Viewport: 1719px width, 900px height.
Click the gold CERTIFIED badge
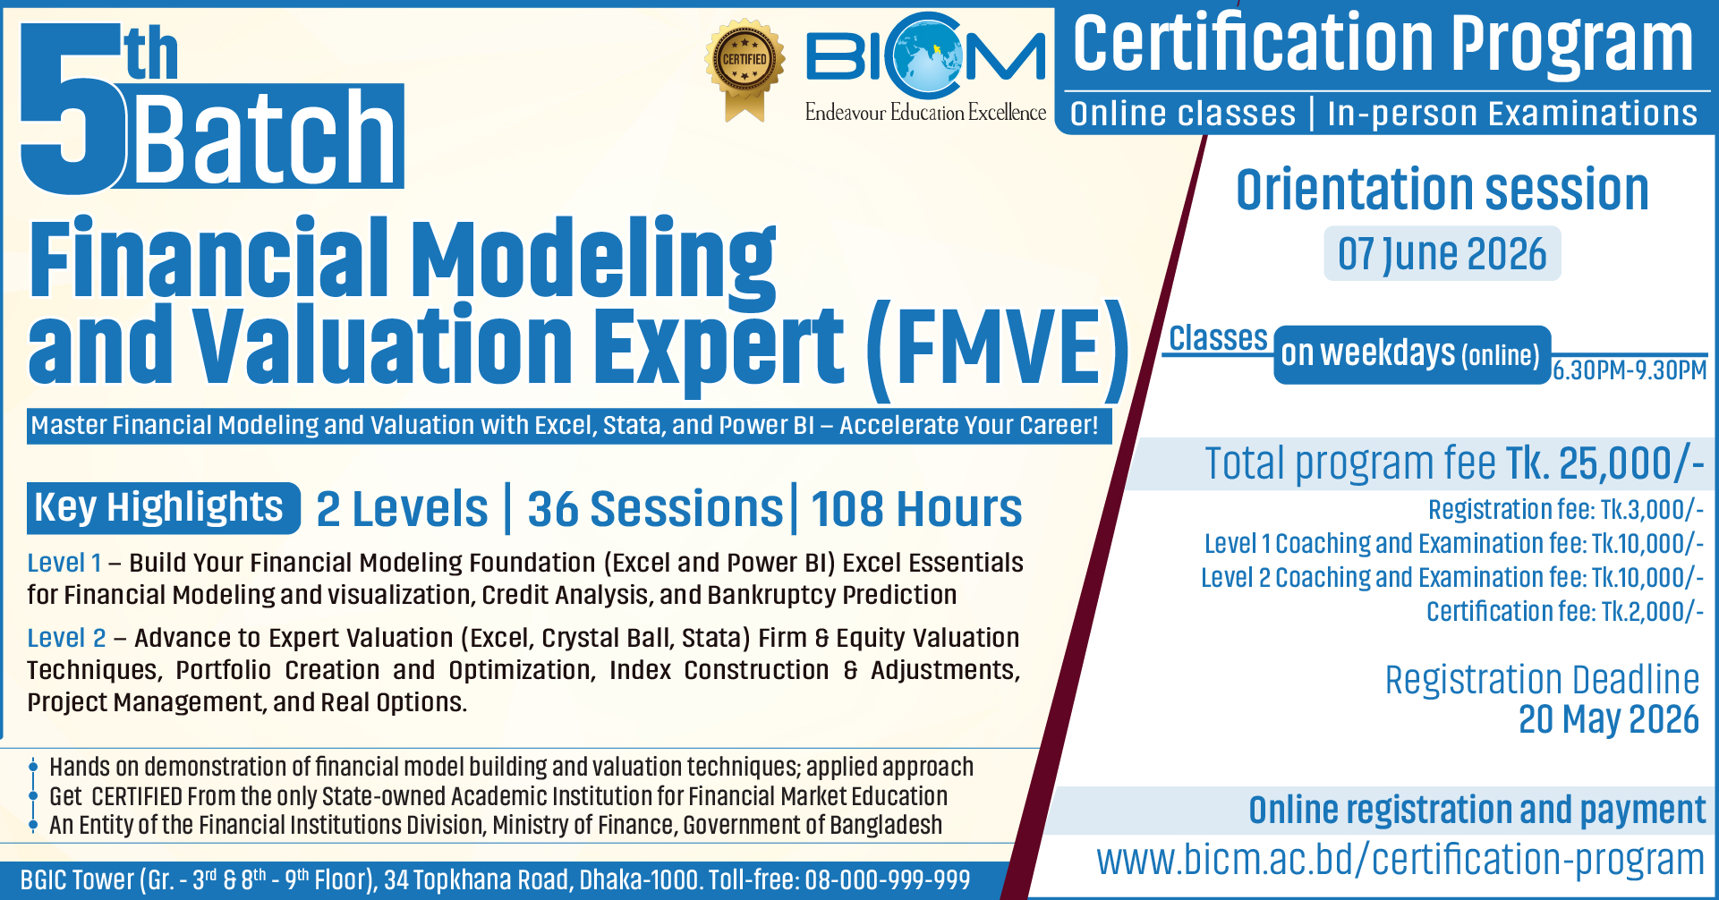(745, 70)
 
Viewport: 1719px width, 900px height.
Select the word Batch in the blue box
(265, 137)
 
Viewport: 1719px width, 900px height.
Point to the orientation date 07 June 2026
(1442, 254)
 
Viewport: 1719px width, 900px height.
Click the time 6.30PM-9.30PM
(1630, 370)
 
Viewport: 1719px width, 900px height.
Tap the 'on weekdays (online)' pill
(1412, 355)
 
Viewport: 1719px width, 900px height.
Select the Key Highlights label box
(163, 508)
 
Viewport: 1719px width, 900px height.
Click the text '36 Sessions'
(655, 509)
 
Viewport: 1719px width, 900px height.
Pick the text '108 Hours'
(916, 509)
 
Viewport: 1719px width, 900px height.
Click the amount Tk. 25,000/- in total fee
(1605, 463)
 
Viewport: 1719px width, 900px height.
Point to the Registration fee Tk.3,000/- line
(1566, 510)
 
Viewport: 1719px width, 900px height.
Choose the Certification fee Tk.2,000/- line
(1565, 612)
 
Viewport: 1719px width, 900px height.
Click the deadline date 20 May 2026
(1608, 720)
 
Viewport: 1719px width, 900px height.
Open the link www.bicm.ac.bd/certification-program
(1400, 860)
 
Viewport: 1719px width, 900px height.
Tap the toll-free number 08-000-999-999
(888, 880)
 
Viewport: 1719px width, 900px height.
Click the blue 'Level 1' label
(64, 563)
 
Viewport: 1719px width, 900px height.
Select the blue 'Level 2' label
(66, 638)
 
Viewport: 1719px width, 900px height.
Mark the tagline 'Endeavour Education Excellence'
(925, 113)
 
